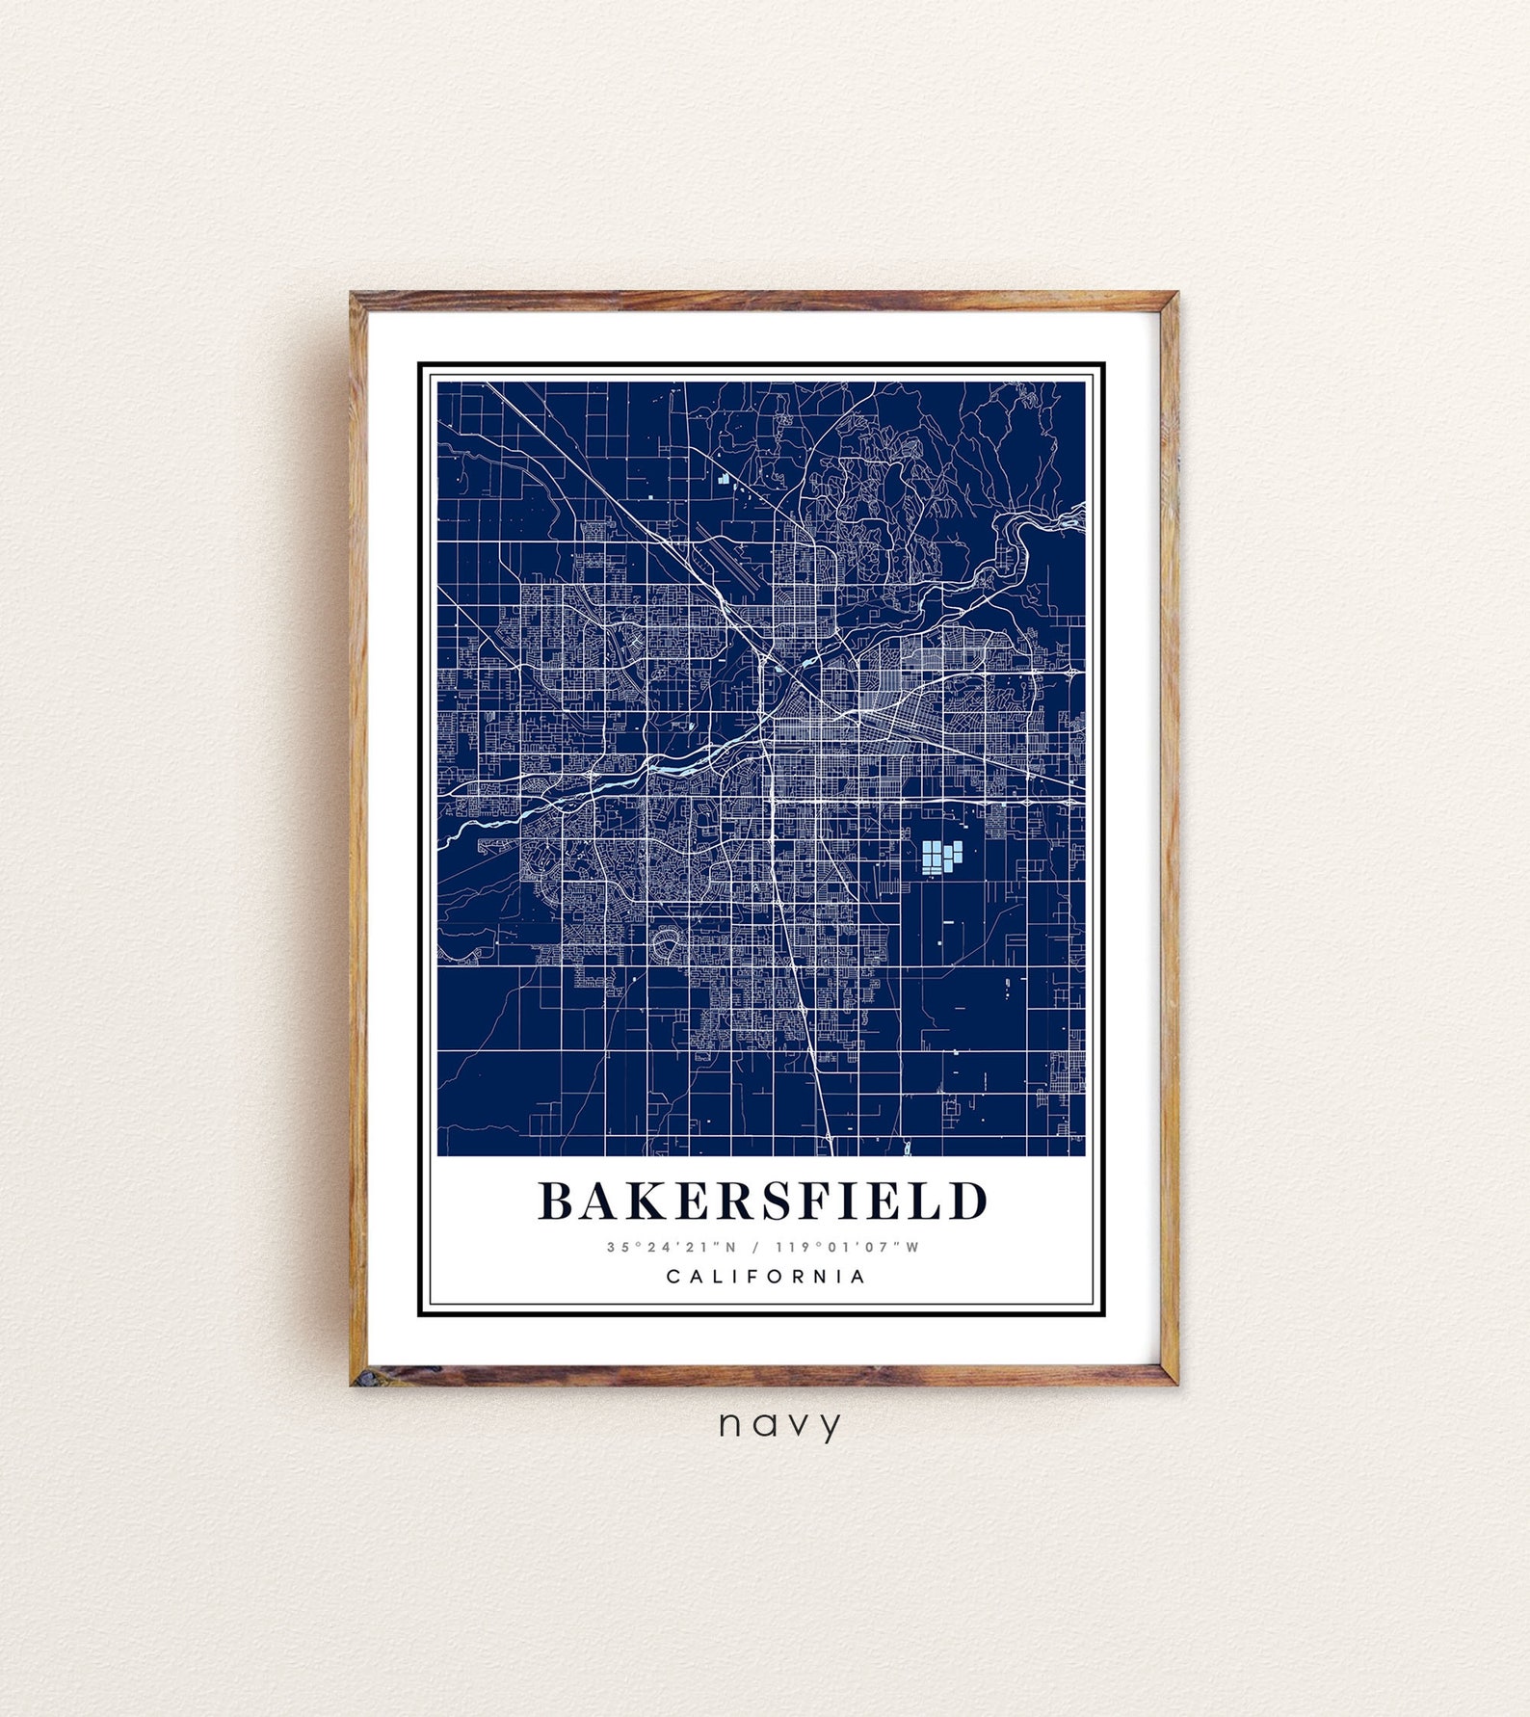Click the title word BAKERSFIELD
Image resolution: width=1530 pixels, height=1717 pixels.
(x=763, y=1201)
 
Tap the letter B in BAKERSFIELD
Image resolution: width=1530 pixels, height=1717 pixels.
(x=556, y=1201)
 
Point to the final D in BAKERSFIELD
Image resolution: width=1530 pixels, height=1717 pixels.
(x=969, y=1201)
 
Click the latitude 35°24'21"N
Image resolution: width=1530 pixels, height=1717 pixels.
(x=672, y=1247)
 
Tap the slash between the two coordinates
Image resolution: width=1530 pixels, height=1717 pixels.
(x=755, y=1247)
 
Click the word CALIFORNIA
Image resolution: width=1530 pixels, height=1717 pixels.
(x=766, y=1277)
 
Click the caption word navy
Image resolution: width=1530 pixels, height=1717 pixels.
(x=779, y=1425)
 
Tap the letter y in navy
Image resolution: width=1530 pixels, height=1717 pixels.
(x=829, y=1427)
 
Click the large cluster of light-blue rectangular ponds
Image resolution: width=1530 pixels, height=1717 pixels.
(x=941, y=857)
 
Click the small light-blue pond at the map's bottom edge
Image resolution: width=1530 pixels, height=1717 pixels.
(x=908, y=1148)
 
